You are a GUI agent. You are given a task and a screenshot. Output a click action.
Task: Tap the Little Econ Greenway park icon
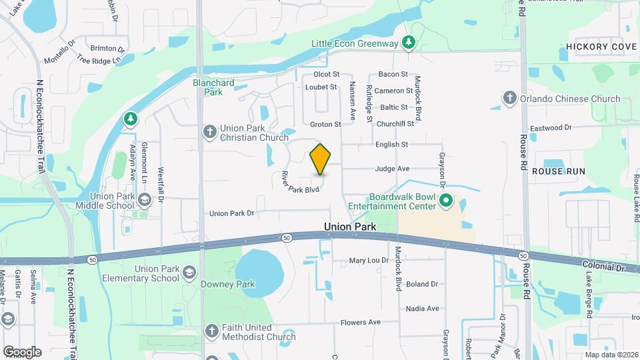coord(409,44)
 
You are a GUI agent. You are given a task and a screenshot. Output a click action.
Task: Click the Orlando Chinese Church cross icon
coord(510,99)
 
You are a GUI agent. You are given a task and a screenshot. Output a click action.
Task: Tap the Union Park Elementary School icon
coord(189,273)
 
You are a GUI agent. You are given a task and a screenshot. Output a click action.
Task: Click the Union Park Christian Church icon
coord(209,132)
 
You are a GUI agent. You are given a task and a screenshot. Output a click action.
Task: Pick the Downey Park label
coord(228,284)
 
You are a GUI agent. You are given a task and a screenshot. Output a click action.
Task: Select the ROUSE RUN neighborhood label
coord(558,171)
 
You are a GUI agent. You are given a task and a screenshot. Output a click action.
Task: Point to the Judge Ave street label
coord(392,169)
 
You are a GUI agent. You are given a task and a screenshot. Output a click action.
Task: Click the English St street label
coord(391,144)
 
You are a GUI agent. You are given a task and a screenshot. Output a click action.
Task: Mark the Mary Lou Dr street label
coord(369,260)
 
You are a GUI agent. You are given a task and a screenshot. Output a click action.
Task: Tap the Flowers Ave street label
coord(361,323)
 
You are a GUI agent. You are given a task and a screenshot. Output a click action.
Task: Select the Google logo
coord(22,351)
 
